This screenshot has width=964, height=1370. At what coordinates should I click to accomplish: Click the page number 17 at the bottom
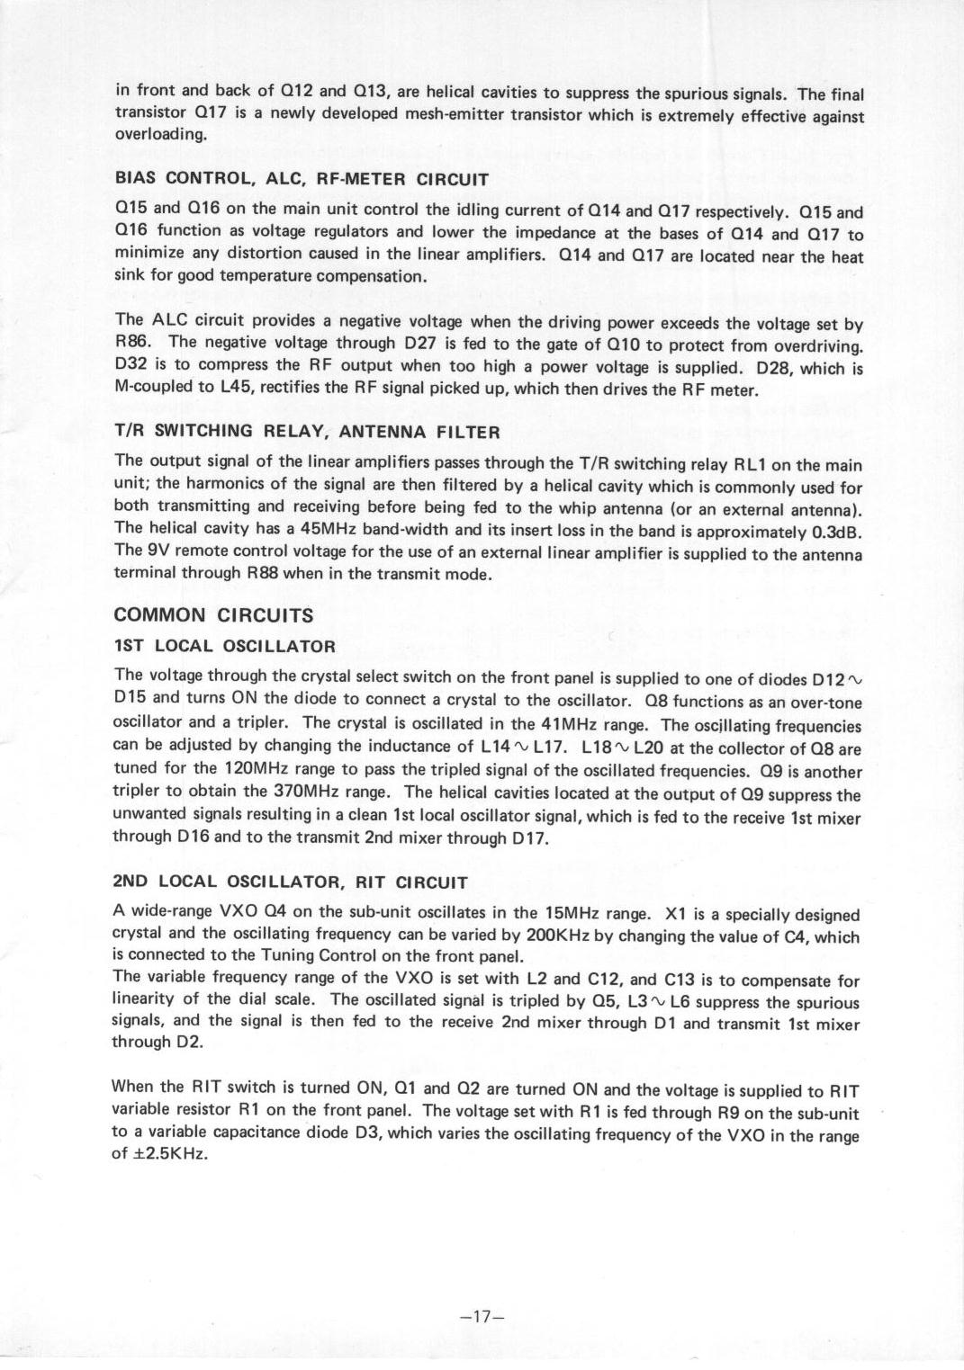coord(481,1317)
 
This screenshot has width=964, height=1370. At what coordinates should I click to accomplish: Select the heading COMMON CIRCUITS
coord(214,615)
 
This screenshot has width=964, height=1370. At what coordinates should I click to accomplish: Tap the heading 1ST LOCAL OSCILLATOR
coord(225,646)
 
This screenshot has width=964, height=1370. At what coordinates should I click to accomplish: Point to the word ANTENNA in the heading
coord(386,431)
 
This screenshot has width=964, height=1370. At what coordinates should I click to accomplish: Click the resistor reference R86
coord(132,342)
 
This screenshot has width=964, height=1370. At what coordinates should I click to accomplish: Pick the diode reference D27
coord(422,343)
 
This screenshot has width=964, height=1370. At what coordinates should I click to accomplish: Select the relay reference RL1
coord(752,465)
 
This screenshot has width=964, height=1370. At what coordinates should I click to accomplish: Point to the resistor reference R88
coord(263,573)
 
